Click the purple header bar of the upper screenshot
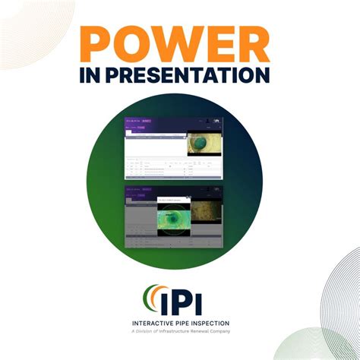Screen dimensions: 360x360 pos(173,122)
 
